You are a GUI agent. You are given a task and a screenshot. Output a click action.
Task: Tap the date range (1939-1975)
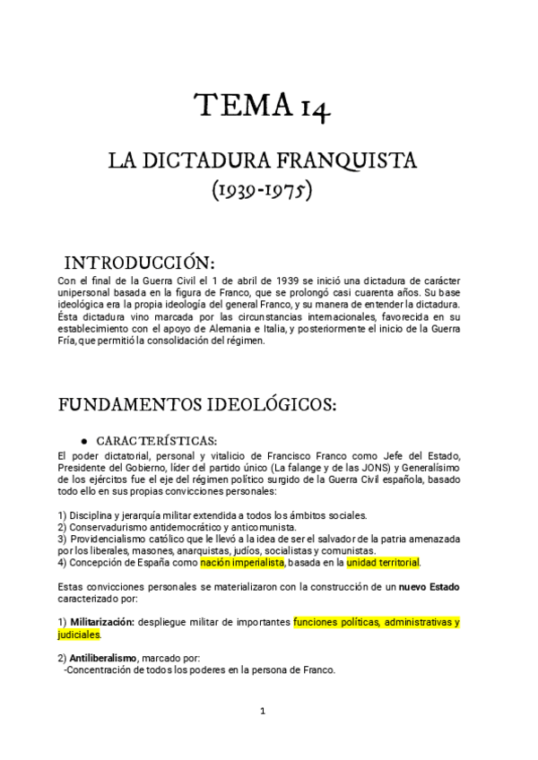click(x=261, y=192)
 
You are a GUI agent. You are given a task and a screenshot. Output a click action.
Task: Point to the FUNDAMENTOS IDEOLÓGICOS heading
click(x=197, y=404)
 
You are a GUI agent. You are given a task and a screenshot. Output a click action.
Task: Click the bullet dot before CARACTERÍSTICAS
click(x=83, y=441)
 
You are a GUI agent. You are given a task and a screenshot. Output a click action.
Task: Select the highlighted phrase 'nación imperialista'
click(x=242, y=563)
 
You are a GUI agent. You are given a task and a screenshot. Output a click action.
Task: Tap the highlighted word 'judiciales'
click(x=79, y=634)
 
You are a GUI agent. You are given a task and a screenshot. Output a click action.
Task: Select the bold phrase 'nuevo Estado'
click(x=430, y=586)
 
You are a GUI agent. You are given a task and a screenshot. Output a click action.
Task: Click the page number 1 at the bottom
click(x=263, y=712)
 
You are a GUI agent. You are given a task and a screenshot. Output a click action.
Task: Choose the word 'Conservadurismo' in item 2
click(x=110, y=527)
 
